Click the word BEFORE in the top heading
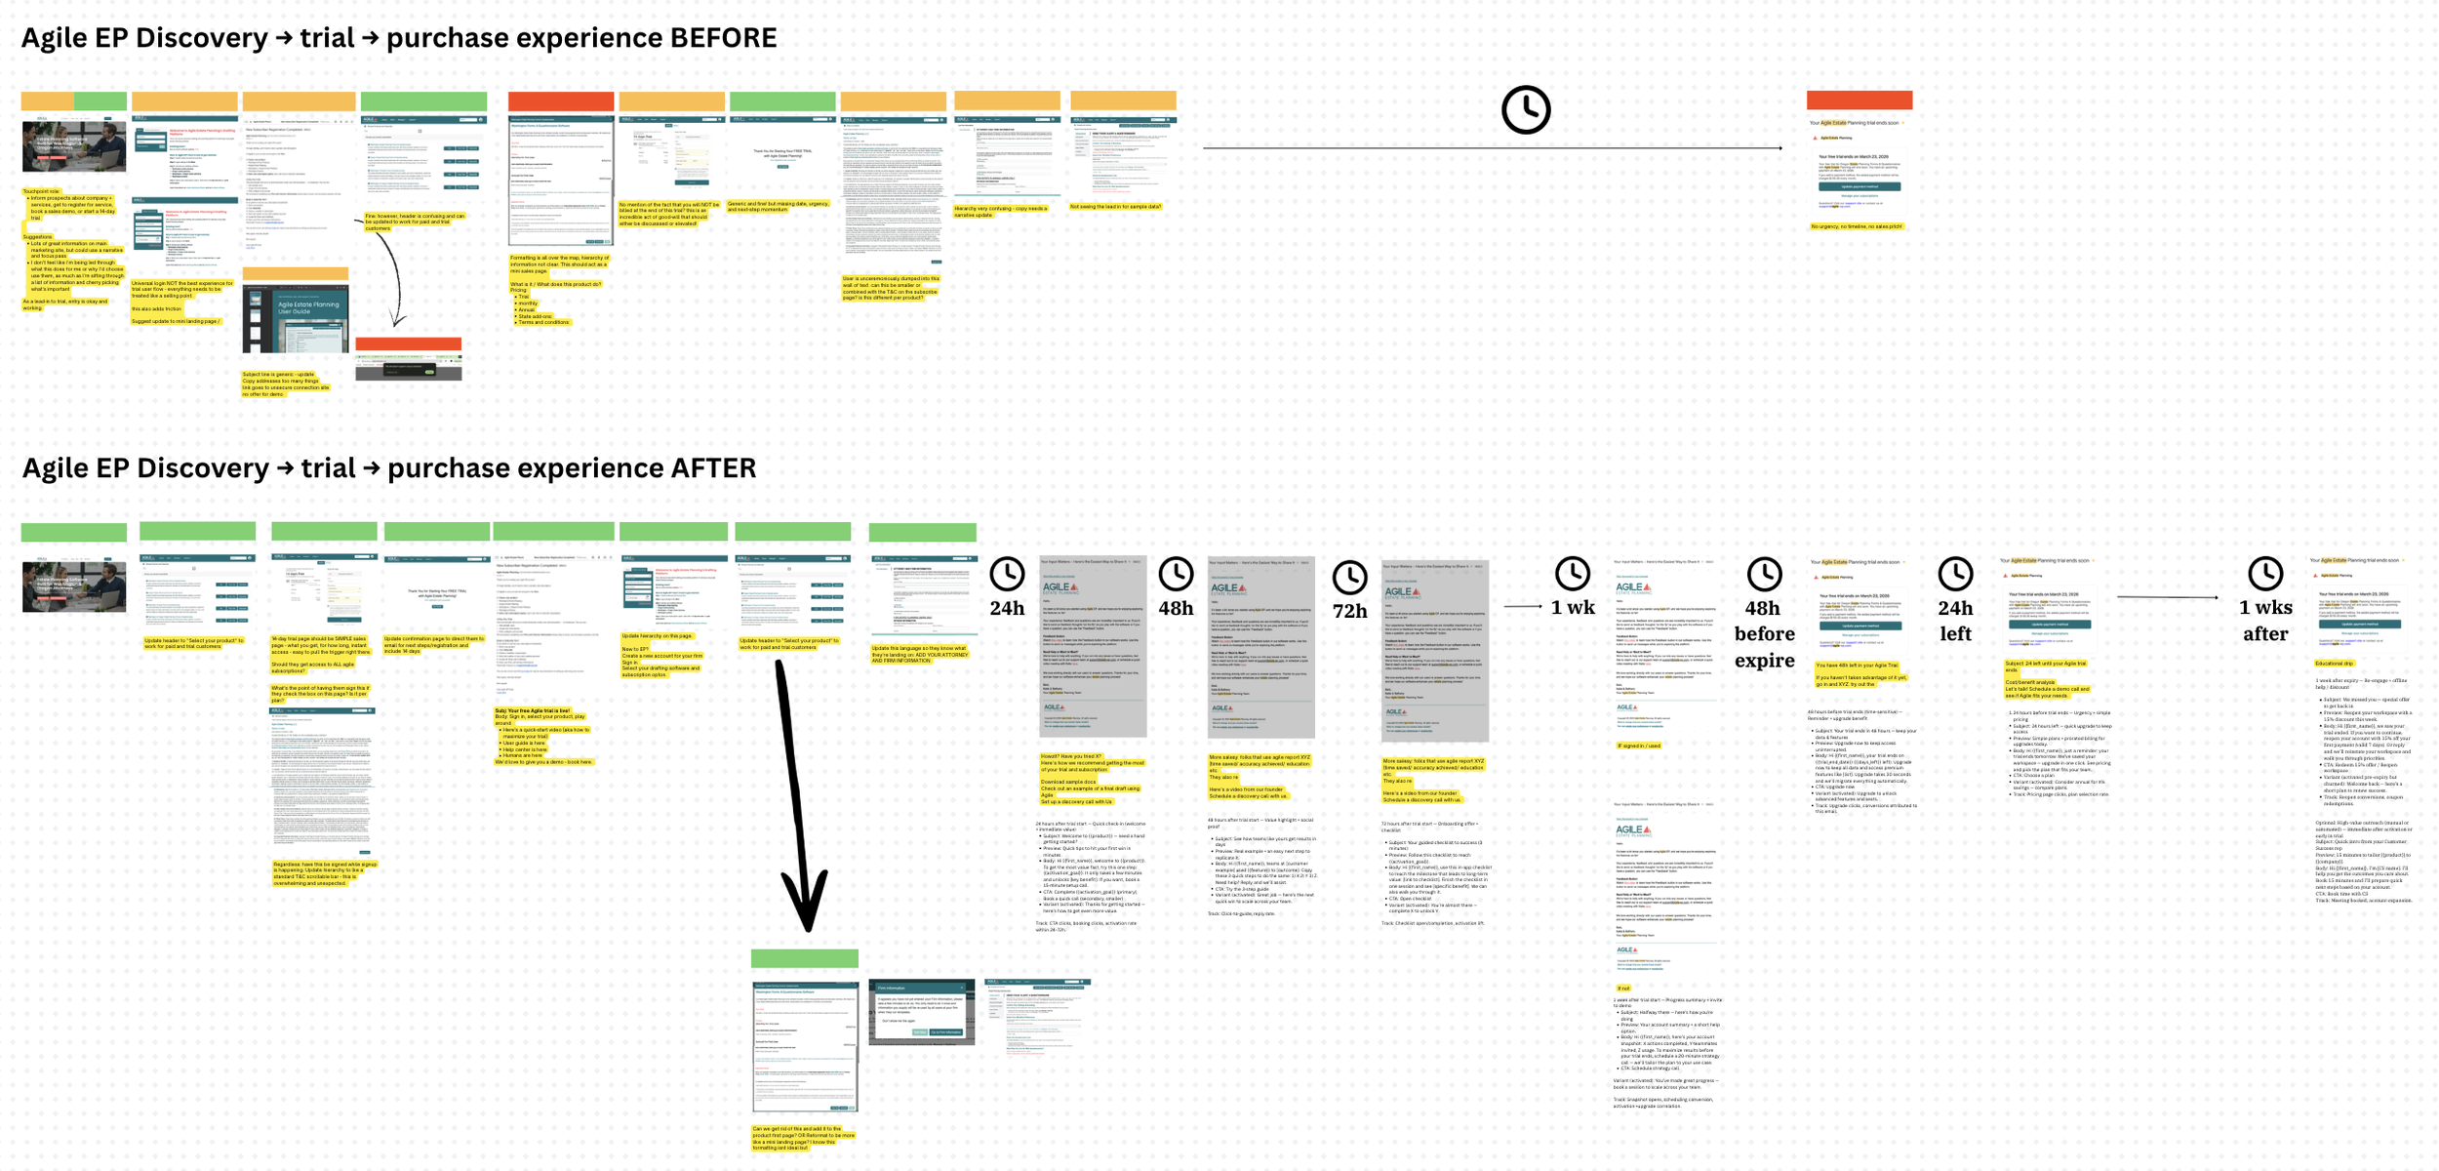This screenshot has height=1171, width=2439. coord(723,38)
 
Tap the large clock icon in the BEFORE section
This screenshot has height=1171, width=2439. coord(1525,109)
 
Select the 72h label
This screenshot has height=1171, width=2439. coord(1349,612)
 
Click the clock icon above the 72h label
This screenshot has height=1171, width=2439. coord(1349,578)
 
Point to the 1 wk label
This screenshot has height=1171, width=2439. coord(1572,608)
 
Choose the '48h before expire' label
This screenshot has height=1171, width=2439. coord(1764,633)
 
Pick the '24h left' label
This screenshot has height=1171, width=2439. coord(1955,621)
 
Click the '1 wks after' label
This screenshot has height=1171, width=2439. coord(2264,621)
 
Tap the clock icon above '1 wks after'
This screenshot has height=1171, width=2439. coord(2264,574)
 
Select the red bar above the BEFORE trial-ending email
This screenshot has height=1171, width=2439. coord(1859,100)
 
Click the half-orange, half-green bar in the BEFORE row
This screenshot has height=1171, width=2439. coord(74,101)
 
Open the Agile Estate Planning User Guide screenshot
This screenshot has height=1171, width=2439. coord(295,319)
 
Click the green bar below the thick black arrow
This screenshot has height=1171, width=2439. coord(804,958)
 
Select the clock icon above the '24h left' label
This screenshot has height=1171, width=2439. coord(1955,574)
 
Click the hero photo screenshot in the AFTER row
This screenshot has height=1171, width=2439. coord(74,585)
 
